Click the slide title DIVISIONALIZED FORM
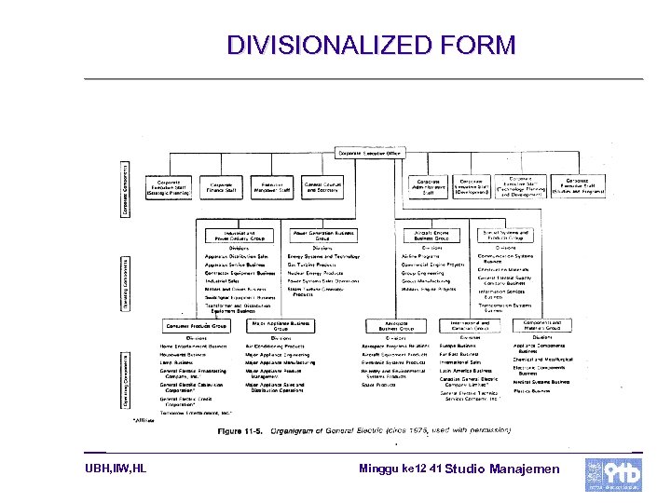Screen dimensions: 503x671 coord(371,45)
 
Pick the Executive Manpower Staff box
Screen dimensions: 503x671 coord(272,188)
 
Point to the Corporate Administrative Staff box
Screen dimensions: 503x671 coord(429,187)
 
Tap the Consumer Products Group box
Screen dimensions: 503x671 coord(196,326)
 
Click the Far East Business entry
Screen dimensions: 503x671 coord(459,354)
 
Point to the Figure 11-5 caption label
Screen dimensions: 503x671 coord(238,430)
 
